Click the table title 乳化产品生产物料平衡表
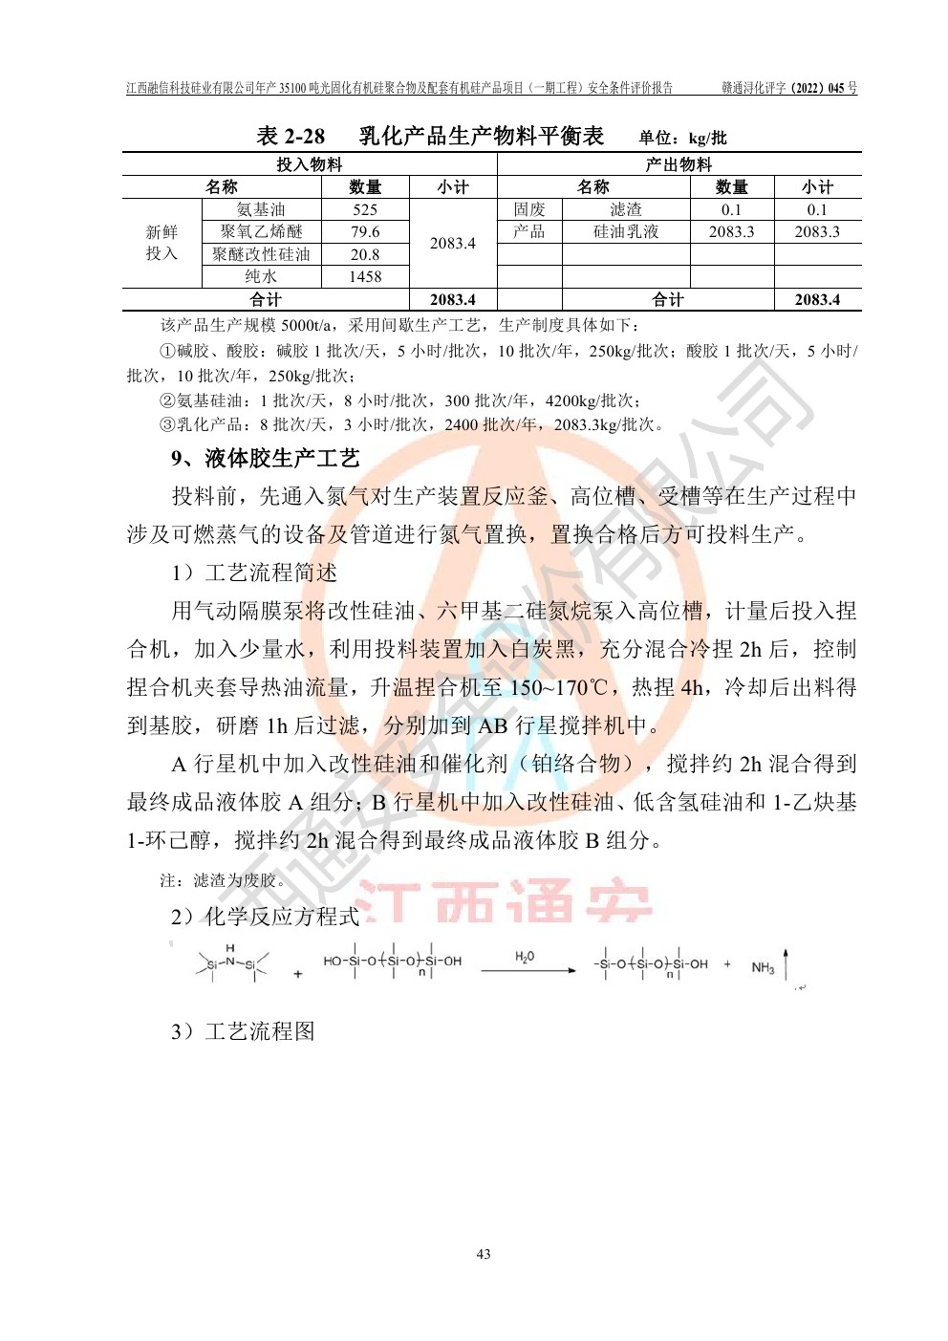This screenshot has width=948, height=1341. pos(481,137)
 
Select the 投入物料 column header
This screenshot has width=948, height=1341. pos(309,164)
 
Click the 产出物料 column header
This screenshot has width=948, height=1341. pos(679,164)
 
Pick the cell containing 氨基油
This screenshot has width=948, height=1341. pos(261,209)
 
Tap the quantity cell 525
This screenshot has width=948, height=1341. pos(365,209)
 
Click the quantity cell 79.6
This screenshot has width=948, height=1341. pos(365,231)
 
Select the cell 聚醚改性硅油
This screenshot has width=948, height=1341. pos(261,254)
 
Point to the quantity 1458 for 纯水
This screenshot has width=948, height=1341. pos(365,276)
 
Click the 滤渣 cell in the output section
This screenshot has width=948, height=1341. pos(626,209)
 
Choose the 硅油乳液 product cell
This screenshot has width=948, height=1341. pos(626,231)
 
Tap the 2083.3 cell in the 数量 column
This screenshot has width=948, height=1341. pos(731,231)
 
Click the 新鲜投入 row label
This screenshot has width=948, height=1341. pos(162,243)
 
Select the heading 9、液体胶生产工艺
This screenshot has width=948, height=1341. pos(266,459)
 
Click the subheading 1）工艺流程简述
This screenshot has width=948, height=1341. pos(254,573)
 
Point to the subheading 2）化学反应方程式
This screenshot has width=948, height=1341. pos(265,918)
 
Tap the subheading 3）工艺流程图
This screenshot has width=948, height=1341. pos(243,1032)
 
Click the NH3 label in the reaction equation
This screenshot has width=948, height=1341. pos(763,968)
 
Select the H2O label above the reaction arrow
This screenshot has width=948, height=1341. pos(525,957)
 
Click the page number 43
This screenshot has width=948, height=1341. pos(483,1254)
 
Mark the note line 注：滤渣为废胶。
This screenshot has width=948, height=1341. pos(223,880)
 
